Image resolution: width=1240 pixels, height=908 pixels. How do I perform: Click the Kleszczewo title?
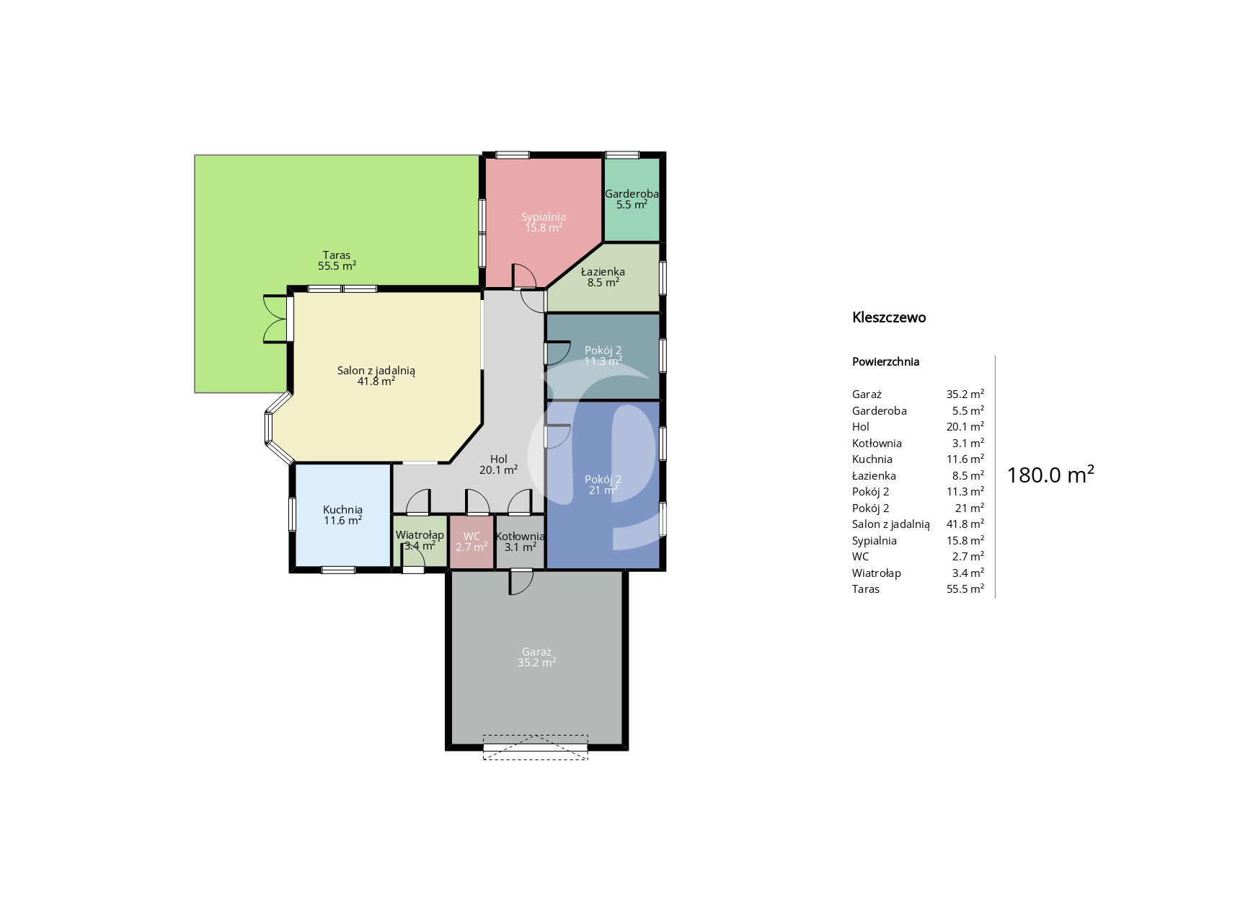point(889,317)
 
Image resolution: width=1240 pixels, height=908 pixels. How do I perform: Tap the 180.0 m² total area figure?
point(1050,475)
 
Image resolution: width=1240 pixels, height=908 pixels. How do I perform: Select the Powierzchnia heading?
point(885,362)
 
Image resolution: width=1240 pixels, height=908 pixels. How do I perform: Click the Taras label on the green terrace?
point(337,255)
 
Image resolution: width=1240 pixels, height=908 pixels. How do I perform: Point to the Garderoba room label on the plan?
point(632,193)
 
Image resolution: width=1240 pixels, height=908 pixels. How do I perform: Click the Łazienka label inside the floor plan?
point(603,272)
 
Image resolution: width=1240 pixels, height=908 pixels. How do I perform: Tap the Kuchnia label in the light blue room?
point(342,510)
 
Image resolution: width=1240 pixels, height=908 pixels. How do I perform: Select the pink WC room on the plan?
point(471,542)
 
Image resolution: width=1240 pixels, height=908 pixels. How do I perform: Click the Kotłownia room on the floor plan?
point(520,542)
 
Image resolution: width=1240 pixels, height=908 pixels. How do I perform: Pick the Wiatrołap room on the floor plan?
point(420,542)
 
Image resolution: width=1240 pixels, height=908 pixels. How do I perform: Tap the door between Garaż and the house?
point(521,581)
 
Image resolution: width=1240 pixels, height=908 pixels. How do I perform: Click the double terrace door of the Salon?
point(277,318)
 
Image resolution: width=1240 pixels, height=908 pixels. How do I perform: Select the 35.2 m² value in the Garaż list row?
point(965,394)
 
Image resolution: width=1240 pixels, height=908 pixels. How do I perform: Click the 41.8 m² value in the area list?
point(965,524)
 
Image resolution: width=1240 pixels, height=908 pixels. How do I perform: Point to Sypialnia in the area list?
point(874,541)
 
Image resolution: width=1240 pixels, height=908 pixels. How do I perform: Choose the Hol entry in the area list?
point(861,427)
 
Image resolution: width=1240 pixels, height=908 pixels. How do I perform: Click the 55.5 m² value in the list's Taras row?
point(965,589)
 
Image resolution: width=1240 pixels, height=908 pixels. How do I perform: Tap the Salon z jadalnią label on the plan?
point(376,371)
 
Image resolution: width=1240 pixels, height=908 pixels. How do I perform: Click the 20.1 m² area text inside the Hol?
point(499,470)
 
